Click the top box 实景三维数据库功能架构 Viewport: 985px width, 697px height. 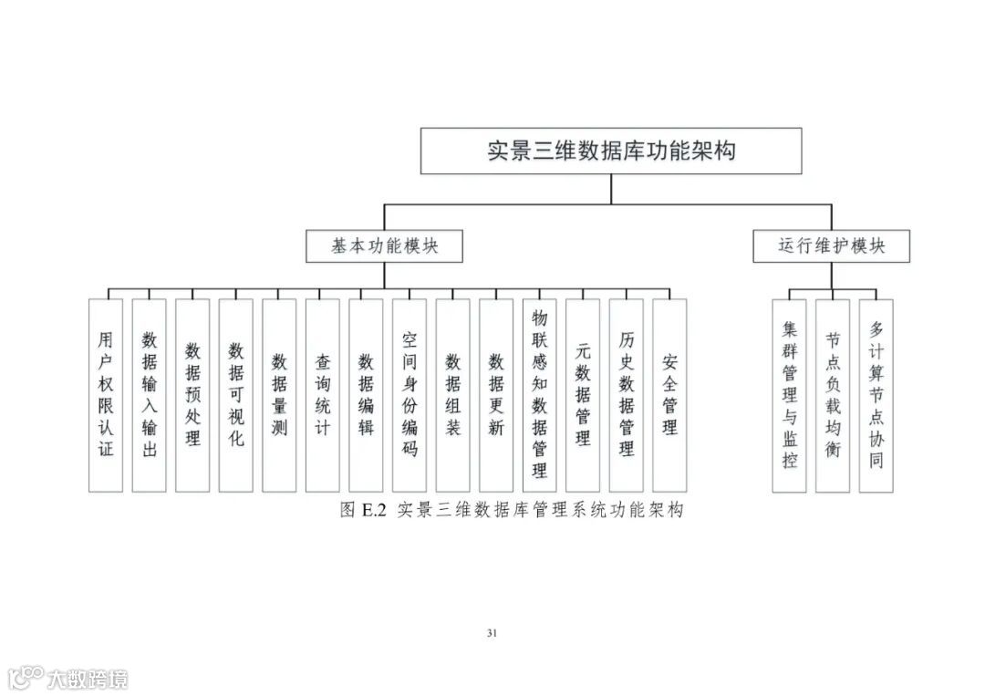[610, 151]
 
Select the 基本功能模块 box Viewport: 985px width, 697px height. [384, 246]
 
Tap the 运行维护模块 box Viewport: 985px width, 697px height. [831, 246]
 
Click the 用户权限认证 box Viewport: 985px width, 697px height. [106, 395]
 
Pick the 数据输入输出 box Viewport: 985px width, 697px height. [150, 395]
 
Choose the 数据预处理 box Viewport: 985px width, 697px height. [192, 395]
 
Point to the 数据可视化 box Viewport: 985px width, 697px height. [235, 395]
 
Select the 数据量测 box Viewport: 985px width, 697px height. [279, 395]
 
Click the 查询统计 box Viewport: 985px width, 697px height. [322, 395]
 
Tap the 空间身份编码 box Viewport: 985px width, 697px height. [410, 395]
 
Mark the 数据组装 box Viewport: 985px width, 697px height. [452, 395]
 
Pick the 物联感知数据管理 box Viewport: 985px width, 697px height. [539, 395]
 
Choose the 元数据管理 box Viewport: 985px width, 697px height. [583, 395]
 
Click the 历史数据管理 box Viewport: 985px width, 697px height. [627, 395]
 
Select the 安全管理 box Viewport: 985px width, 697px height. [669, 395]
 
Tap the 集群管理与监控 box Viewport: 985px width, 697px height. [789, 395]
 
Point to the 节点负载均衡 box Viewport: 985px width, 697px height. [833, 395]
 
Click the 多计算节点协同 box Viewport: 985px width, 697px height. [876, 395]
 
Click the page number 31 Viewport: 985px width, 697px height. [493, 633]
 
